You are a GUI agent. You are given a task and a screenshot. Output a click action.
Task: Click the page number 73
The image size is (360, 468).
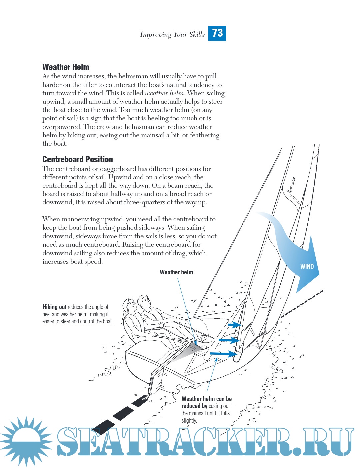click(x=217, y=33)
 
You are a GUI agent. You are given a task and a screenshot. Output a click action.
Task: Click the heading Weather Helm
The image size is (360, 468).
click(x=66, y=67)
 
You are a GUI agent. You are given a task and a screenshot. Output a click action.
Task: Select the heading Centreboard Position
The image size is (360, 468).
click(x=77, y=159)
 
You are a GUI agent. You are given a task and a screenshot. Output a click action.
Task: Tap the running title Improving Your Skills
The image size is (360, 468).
click(x=172, y=34)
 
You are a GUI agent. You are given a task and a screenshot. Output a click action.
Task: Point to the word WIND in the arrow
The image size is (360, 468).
click(x=307, y=266)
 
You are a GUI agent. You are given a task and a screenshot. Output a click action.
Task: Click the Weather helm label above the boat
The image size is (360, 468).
click(x=176, y=272)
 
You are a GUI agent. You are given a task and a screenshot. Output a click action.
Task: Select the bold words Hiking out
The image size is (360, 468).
click(x=54, y=307)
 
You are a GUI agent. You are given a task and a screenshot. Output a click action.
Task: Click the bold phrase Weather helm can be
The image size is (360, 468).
click(x=206, y=399)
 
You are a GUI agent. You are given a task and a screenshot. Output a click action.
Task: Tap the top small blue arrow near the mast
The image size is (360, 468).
click(x=235, y=324)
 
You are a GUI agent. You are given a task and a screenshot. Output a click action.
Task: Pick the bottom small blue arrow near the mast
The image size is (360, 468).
click(x=223, y=353)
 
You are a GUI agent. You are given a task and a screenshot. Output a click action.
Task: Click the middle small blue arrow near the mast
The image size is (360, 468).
click(x=229, y=340)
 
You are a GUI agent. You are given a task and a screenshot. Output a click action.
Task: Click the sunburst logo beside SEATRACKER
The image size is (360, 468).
click(x=26, y=441)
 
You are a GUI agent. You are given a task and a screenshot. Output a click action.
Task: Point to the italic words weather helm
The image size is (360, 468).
click(x=164, y=93)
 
